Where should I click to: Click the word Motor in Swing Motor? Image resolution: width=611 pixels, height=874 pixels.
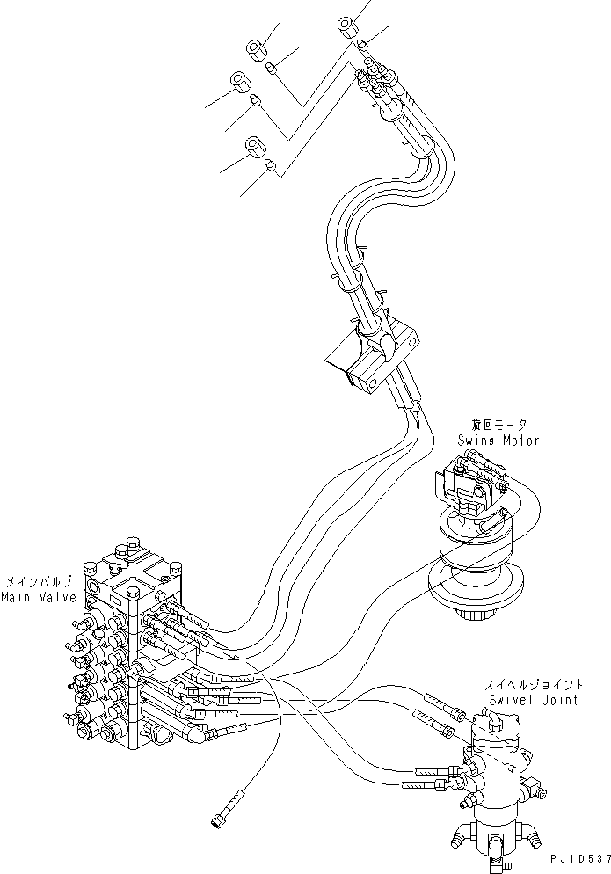point(519,441)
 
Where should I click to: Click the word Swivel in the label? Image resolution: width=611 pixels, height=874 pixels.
point(511,701)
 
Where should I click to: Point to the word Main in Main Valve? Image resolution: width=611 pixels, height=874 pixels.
point(17,598)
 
